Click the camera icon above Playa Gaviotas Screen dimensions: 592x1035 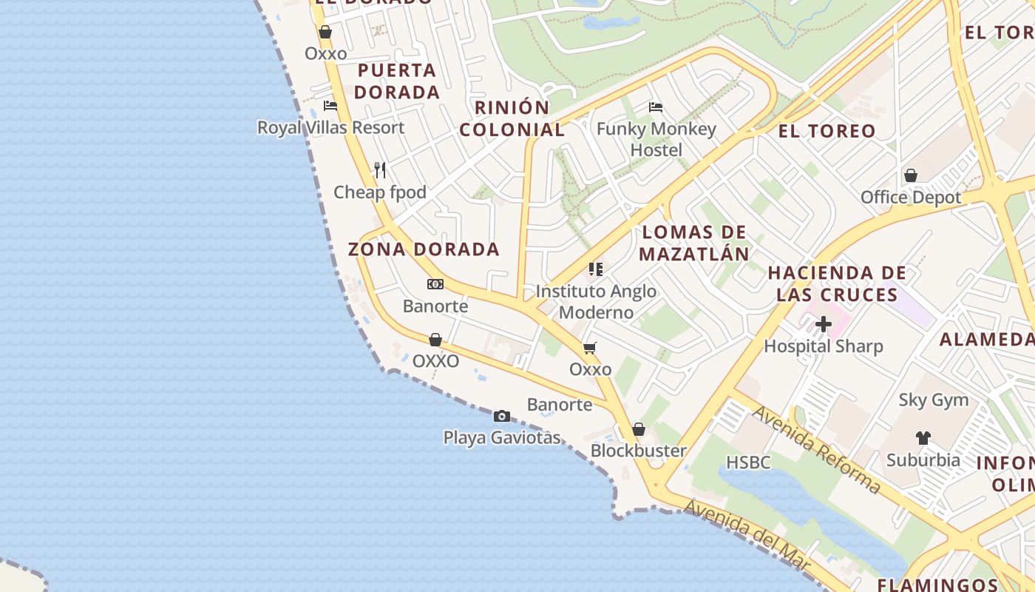pos(502,417)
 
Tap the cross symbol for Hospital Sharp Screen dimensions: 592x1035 pos(824,324)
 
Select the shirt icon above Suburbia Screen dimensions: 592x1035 pos(923,438)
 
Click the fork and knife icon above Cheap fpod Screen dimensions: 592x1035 pos(380,170)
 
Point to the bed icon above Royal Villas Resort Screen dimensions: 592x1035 pos(330,106)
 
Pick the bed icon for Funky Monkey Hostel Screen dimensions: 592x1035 pos(656,107)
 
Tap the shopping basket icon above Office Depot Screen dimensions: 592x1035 pos(911,175)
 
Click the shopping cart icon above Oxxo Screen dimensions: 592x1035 pos(590,348)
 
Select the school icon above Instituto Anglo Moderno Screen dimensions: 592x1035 pos(596,269)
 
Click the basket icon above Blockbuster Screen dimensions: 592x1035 pos(639,429)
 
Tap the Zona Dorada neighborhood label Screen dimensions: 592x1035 pos(424,249)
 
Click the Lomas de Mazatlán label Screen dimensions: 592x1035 pos(694,243)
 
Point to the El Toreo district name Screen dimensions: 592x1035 pos(827,131)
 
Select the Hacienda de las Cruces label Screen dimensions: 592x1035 pos(837,283)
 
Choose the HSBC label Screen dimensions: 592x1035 pos(748,462)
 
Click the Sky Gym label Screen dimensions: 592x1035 pos(933,400)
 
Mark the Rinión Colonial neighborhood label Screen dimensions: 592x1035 pos(512,118)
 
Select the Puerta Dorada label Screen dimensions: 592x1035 pos(397,81)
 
